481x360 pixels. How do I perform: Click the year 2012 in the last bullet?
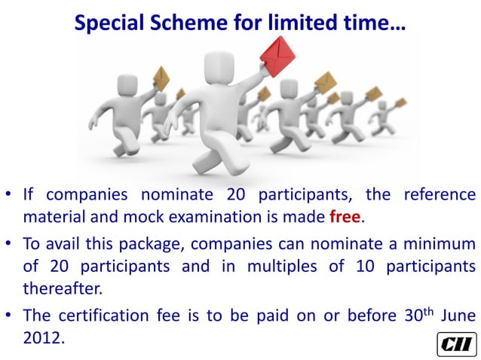(x=44, y=337)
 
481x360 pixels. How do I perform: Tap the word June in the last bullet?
(x=453, y=316)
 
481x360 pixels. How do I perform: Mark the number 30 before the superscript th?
(x=400, y=316)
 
